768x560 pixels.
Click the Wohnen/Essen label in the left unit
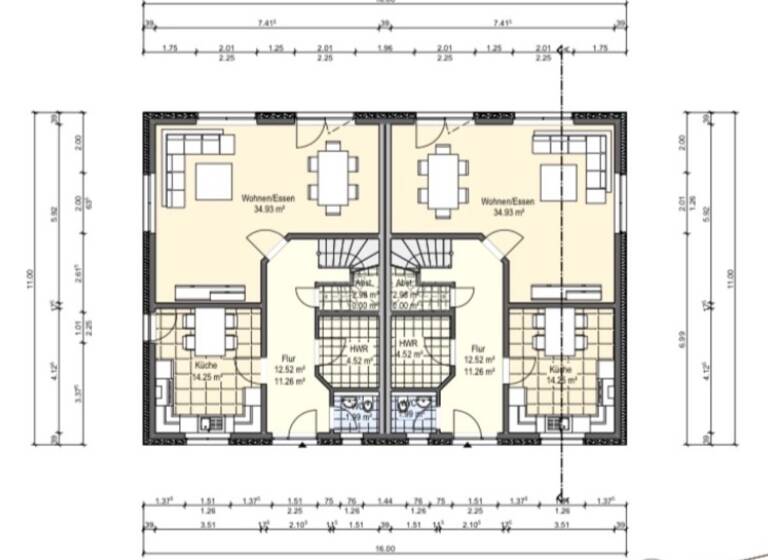(x=262, y=200)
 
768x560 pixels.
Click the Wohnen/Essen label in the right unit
(x=507, y=200)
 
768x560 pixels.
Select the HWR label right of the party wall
(x=407, y=342)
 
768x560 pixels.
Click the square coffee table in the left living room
(x=213, y=181)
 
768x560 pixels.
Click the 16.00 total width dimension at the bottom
(x=384, y=549)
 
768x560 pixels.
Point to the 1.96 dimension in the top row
(x=384, y=47)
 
